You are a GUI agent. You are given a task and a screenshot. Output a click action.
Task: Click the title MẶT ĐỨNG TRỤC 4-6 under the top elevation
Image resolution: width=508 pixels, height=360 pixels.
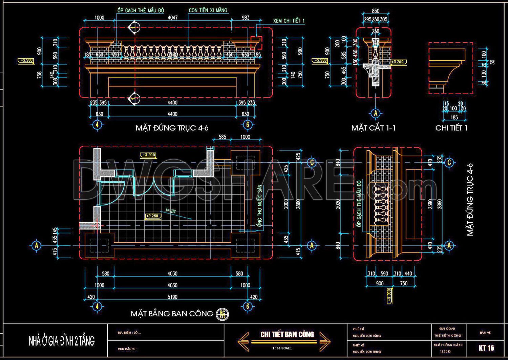pyautogui.click(x=172, y=128)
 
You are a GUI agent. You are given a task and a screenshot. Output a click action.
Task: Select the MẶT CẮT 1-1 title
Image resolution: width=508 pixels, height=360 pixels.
pyautogui.click(x=373, y=128)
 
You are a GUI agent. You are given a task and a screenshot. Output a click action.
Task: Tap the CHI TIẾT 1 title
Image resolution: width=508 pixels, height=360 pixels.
pyautogui.click(x=451, y=128)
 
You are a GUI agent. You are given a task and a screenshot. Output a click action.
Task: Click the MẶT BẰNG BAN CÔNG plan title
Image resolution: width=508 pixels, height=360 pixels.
pyautogui.click(x=172, y=314)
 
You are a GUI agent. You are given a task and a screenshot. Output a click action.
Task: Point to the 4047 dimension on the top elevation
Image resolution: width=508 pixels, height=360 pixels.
pyautogui.click(x=172, y=18)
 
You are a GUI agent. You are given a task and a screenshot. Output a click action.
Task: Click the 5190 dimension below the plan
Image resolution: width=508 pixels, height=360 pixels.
pyautogui.click(x=172, y=297)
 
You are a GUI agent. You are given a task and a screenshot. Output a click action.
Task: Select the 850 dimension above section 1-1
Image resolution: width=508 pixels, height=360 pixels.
pyautogui.click(x=375, y=11)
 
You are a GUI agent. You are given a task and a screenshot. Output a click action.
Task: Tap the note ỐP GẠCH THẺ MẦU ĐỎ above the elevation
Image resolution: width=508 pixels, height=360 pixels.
pyautogui.click(x=141, y=10)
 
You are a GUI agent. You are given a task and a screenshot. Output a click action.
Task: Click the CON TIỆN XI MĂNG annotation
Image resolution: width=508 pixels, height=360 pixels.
pyautogui.click(x=208, y=10)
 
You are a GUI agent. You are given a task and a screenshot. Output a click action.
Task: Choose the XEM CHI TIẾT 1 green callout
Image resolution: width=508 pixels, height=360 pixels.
pyautogui.click(x=289, y=21)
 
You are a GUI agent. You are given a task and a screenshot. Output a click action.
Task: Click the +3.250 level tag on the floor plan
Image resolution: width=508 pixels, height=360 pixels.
pyautogui.click(x=152, y=216)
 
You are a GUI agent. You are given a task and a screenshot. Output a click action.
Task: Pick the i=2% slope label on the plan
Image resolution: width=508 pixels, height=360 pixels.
pyautogui.click(x=171, y=211)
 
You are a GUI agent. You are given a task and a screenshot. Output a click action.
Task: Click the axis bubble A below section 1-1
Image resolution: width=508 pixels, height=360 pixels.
pyautogui.click(x=375, y=113)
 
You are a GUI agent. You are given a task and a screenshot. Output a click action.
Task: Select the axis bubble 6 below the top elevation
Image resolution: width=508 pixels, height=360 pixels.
pyautogui.click(x=247, y=124)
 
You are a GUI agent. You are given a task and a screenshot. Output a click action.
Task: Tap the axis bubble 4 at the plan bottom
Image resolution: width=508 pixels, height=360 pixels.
pyautogui.click(x=97, y=306)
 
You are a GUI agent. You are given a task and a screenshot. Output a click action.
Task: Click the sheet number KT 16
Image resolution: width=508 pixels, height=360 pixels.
pyautogui.click(x=486, y=348)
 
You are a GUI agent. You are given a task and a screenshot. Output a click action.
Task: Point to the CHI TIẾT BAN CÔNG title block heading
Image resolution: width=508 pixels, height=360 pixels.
pyautogui.click(x=287, y=334)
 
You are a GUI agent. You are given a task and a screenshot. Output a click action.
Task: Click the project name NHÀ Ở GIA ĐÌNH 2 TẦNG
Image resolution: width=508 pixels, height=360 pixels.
pyautogui.click(x=61, y=341)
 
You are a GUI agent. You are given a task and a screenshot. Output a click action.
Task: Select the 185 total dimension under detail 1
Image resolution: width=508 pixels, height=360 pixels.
pyautogui.click(x=454, y=117)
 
